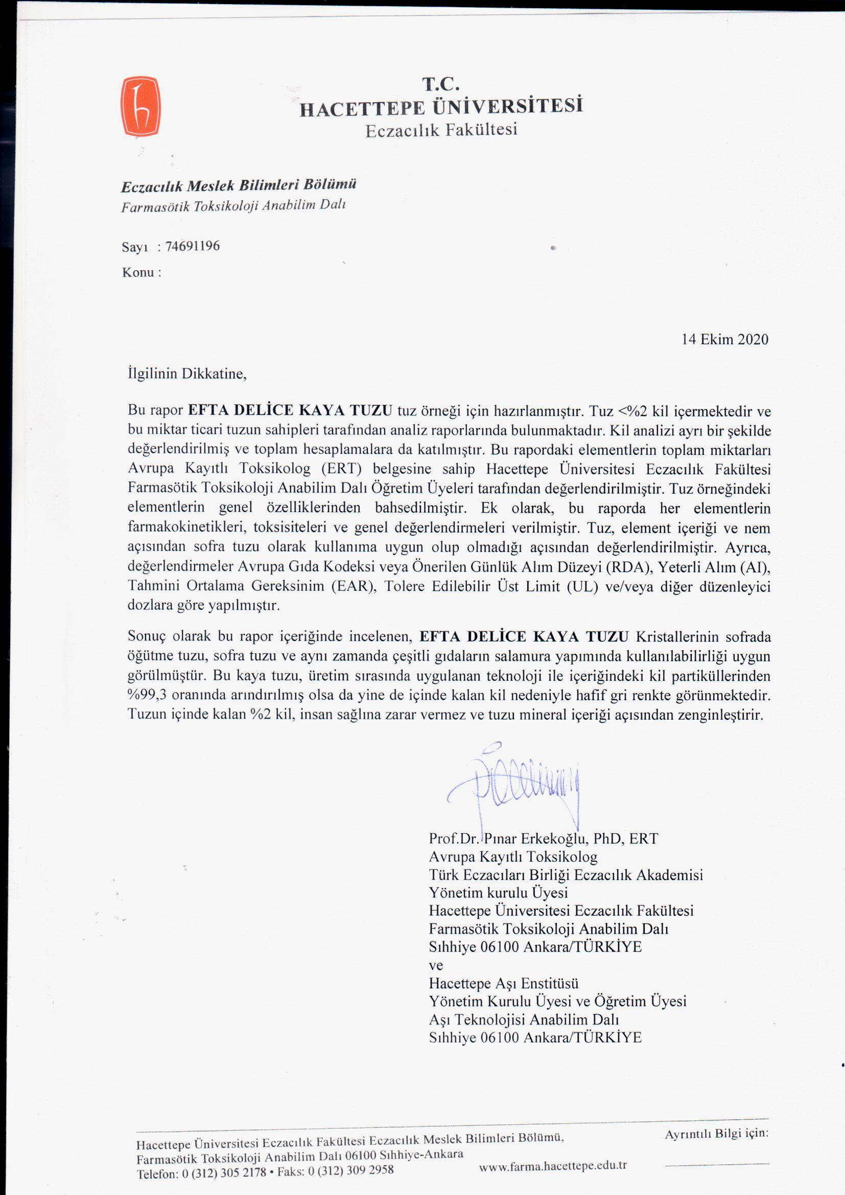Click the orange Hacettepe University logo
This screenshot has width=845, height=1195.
click(x=140, y=106)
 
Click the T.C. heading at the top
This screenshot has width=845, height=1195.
click(x=440, y=84)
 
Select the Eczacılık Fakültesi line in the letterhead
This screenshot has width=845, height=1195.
click(x=441, y=130)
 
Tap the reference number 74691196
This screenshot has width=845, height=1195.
click(x=193, y=246)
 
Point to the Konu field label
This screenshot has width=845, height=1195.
click(x=141, y=272)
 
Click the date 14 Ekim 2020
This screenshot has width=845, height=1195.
click(x=725, y=339)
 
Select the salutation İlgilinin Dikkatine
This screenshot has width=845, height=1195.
click(x=187, y=374)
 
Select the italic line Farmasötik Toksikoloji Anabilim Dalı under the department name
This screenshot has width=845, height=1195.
click(x=233, y=206)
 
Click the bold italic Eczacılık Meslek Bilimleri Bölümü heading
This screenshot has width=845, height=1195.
click(x=239, y=186)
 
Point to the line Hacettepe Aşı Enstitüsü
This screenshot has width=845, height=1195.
click(x=503, y=984)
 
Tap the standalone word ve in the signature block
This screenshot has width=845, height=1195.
click(x=435, y=966)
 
